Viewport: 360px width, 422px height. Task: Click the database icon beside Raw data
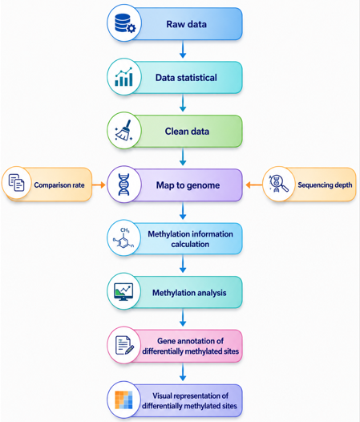[x=125, y=23]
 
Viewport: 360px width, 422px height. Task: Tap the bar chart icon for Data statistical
[x=123, y=77]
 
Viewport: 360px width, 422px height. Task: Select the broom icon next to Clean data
[x=123, y=131]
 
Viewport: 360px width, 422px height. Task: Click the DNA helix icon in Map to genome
[x=123, y=185]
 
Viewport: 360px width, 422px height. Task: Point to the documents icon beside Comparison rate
[x=16, y=183]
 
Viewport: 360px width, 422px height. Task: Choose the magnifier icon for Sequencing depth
[x=279, y=184]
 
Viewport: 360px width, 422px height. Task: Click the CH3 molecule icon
[x=123, y=238]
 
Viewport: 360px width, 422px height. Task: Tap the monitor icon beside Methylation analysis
[x=123, y=292]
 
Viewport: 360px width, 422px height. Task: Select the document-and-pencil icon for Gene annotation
[x=124, y=345]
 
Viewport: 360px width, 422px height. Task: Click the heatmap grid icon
[x=123, y=400]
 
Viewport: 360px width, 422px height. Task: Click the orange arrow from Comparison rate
[x=99, y=185]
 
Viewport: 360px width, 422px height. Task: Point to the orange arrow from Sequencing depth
[x=254, y=185]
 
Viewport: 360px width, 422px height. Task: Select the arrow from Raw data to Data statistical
[x=183, y=49]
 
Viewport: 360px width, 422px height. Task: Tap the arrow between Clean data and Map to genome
[x=183, y=157]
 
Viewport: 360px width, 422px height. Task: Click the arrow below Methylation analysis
[x=183, y=318]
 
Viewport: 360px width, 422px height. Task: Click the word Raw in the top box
[x=176, y=24]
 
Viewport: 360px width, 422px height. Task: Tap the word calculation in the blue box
[x=190, y=244]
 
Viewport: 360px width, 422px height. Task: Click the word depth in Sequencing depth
[x=342, y=185]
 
